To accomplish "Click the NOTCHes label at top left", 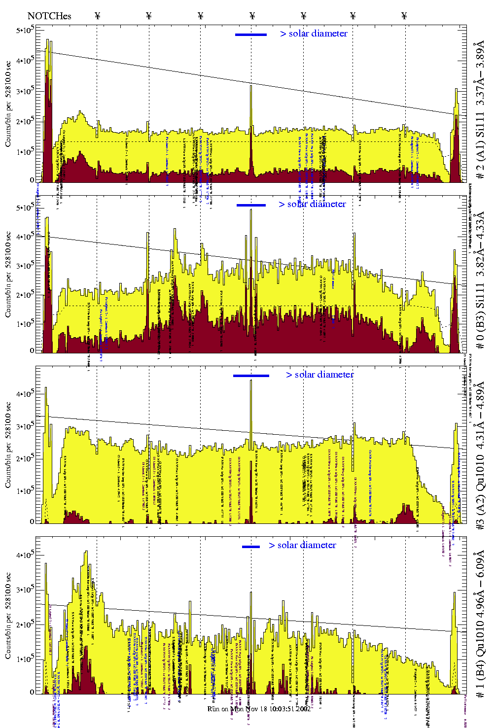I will (x=49, y=16).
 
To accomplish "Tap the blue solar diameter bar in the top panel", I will (x=251, y=35).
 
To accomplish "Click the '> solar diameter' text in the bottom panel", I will (x=302, y=545).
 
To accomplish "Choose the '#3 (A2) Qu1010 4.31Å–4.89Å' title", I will (x=480, y=456).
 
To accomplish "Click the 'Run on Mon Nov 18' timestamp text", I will (x=259, y=709).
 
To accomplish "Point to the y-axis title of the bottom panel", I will (x=8, y=616).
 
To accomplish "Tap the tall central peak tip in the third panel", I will (x=251, y=381).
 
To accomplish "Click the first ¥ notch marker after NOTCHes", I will (x=97, y=16).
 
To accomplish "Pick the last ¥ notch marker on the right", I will (x=404, y=16).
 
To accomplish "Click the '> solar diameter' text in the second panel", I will (x=312, y=204).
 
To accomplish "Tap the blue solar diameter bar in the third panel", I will (x=251, y=376).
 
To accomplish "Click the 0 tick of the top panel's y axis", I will (x=32, y=180).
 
